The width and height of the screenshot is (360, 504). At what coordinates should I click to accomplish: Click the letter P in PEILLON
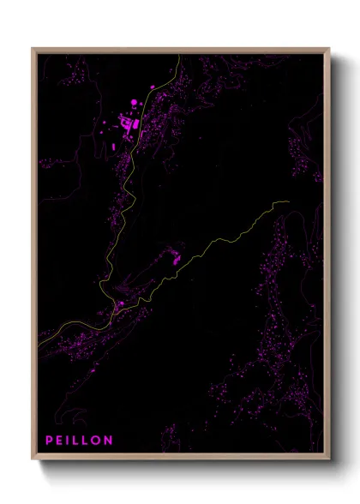pos(50,441)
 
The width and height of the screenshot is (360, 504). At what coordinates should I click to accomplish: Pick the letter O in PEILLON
pos(96,441)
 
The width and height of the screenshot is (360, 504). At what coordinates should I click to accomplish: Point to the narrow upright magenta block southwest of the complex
pos(113,147)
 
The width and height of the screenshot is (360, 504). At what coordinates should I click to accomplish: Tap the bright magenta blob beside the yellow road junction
pos(121,303)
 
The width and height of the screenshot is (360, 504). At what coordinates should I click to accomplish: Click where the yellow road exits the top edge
pos(177,54)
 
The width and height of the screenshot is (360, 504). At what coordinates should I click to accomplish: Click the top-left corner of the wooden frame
pos(33,48)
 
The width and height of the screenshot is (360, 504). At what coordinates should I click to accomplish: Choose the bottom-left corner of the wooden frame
pos(33,461)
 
